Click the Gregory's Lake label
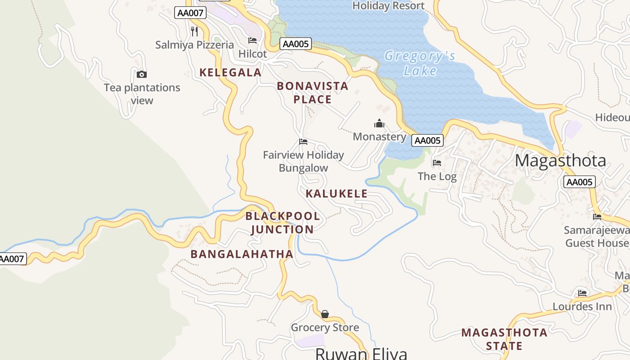(419, 63)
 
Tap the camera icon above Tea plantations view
(142, 74)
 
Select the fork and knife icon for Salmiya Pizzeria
(194, 31)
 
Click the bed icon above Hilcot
(252, 40)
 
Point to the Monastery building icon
(379, 123)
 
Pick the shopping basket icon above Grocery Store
(324, 314)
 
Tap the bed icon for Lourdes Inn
(582, 293)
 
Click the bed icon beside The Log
(436, 163)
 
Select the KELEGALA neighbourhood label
(230, 72)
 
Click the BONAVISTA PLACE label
(312, 92)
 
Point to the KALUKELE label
(337, 194)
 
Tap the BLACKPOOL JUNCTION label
(283, 223)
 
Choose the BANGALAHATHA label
(242, 254)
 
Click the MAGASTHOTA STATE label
(504, 339)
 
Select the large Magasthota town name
(560, 161)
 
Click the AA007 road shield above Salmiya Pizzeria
(190, 13)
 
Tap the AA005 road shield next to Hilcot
(296, 44)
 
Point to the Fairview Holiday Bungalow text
(303, 161)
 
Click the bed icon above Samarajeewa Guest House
(597, 216)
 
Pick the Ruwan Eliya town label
(361, 353)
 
